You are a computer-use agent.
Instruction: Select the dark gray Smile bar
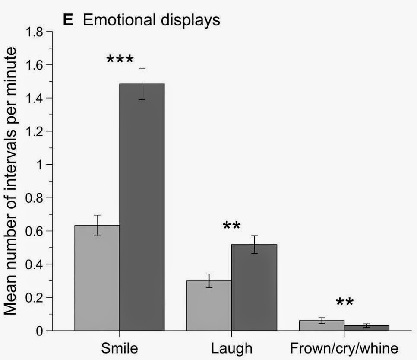(142, 207)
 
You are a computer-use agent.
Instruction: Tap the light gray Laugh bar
(209, 306)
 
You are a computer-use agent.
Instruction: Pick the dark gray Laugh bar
(254, 287)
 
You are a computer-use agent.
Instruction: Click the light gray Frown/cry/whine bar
(322, 325)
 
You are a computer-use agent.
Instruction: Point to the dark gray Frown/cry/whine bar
(366, 328)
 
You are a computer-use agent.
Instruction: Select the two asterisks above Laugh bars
(232, 226)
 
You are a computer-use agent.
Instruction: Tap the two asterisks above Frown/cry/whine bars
(344, 302)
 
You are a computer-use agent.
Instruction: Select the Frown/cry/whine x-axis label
(344, 348)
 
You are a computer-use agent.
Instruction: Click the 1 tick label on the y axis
(42, 165)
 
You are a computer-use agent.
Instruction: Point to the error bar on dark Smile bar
(142, 84)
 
